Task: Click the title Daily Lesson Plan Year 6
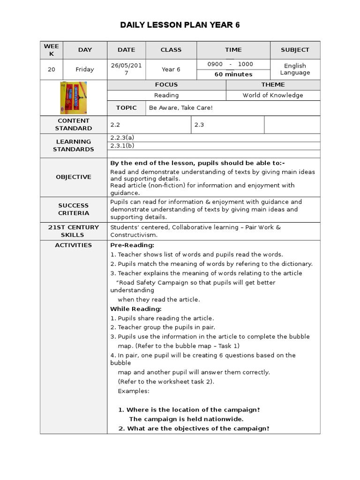(x=180, y=25)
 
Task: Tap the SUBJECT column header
(x=295, y=50)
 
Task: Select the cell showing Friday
(x=85, y=69)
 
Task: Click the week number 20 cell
(x=52, y=69)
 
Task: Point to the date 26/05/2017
(x=126, y=69)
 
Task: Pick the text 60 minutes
(x=233, y=75)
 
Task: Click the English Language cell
(x=295, y=69)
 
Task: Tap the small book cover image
(x=74, y=97)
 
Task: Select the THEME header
(x=273, y=85)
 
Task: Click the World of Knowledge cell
(x=273, y=95)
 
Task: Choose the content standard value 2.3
(x=199, y=125)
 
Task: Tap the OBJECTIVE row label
(x=74, y=177)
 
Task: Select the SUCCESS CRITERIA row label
(x=74, y=209)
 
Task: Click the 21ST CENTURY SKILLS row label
(x=74, y=231)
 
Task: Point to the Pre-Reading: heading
(x=132, y=245)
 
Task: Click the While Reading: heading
(x=136, y=309)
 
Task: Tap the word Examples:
(x=134, y=391)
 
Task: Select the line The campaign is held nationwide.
(x=186, y=419)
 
